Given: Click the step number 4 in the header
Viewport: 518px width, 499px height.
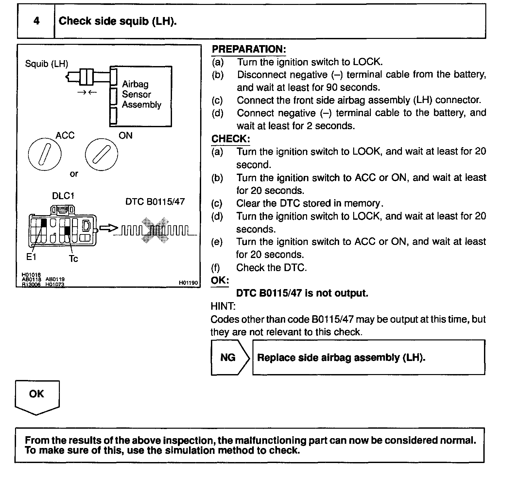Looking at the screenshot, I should pyautogui.click(x=36, y=21).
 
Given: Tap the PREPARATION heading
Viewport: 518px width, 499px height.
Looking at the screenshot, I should pyautogui.click(x=249, y=49).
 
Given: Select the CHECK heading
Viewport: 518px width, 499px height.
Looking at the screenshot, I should pyautogui.click(x=230, y=139).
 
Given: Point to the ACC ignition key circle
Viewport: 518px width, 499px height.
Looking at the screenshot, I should pyautogui.click(x=45, y=154).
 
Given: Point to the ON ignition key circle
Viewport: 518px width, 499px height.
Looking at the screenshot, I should pyautogui.click(x=101, y=154).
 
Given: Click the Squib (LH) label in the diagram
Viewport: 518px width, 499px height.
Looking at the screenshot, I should pyautogui.click(x=46, y=64).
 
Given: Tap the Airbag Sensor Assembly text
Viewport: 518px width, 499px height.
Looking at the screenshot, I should pyautogui.click(x=141, y=95).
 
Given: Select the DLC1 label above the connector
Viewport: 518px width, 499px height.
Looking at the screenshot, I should pyautogui.click(x=63, y=196).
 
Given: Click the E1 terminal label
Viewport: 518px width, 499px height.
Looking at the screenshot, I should pyautogui.click(x=31, y=257).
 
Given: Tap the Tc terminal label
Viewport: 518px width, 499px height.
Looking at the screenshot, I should pyautogui.click(x=73, y=259).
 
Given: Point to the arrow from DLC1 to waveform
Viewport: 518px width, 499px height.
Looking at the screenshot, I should pyautogui.click(x=108, y=228).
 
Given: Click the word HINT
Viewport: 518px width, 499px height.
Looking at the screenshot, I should pyautogui.click(x=223, y=306).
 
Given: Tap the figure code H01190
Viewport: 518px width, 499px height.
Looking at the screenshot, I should pyautogui.click(x=188, y=283).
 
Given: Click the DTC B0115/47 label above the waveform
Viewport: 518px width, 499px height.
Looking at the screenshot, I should pyautogui.click(x=155, y=202).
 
